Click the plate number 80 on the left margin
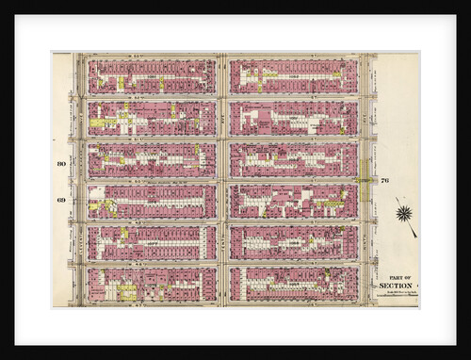point(61,164)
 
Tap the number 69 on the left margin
point(61,200)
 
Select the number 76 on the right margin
point(385,180)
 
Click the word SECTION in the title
point(396,285)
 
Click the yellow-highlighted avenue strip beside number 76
point(365,179)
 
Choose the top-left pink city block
point(152,77)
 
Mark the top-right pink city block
point(293,77)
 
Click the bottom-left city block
point(152,284)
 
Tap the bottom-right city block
point(293,284)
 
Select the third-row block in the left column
point(152,159)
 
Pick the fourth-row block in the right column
point(293,201)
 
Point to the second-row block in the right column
point(293,119)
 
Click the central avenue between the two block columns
point(222,179)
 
